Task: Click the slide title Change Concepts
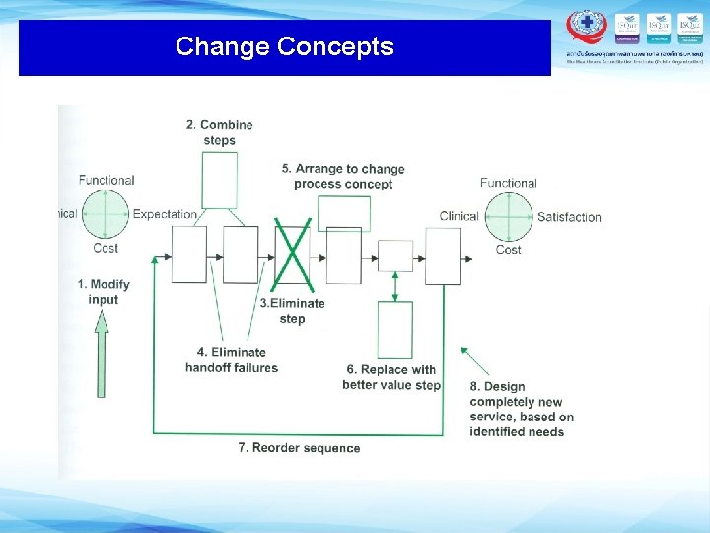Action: point(284,46)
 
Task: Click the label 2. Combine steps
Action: point(219,132)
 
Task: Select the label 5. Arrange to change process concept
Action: point(343,176)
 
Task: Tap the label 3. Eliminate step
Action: point(292,311)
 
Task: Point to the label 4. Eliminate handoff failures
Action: point(232,360)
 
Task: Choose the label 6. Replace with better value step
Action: point(391,377)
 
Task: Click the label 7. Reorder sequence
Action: point(299,448)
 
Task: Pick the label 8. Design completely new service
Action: point(521,409)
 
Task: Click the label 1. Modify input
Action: point(104,292)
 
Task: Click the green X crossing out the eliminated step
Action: point(292,255)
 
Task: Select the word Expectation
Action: point(165,214)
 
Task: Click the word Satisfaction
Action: point(569,217)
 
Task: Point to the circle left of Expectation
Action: point(106,213)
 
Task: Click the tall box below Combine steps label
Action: point(219,180)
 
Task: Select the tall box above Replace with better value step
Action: point(395,330)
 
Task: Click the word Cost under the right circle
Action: point(508,250)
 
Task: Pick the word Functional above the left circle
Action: point(106,180)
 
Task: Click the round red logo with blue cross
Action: point(587,25)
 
